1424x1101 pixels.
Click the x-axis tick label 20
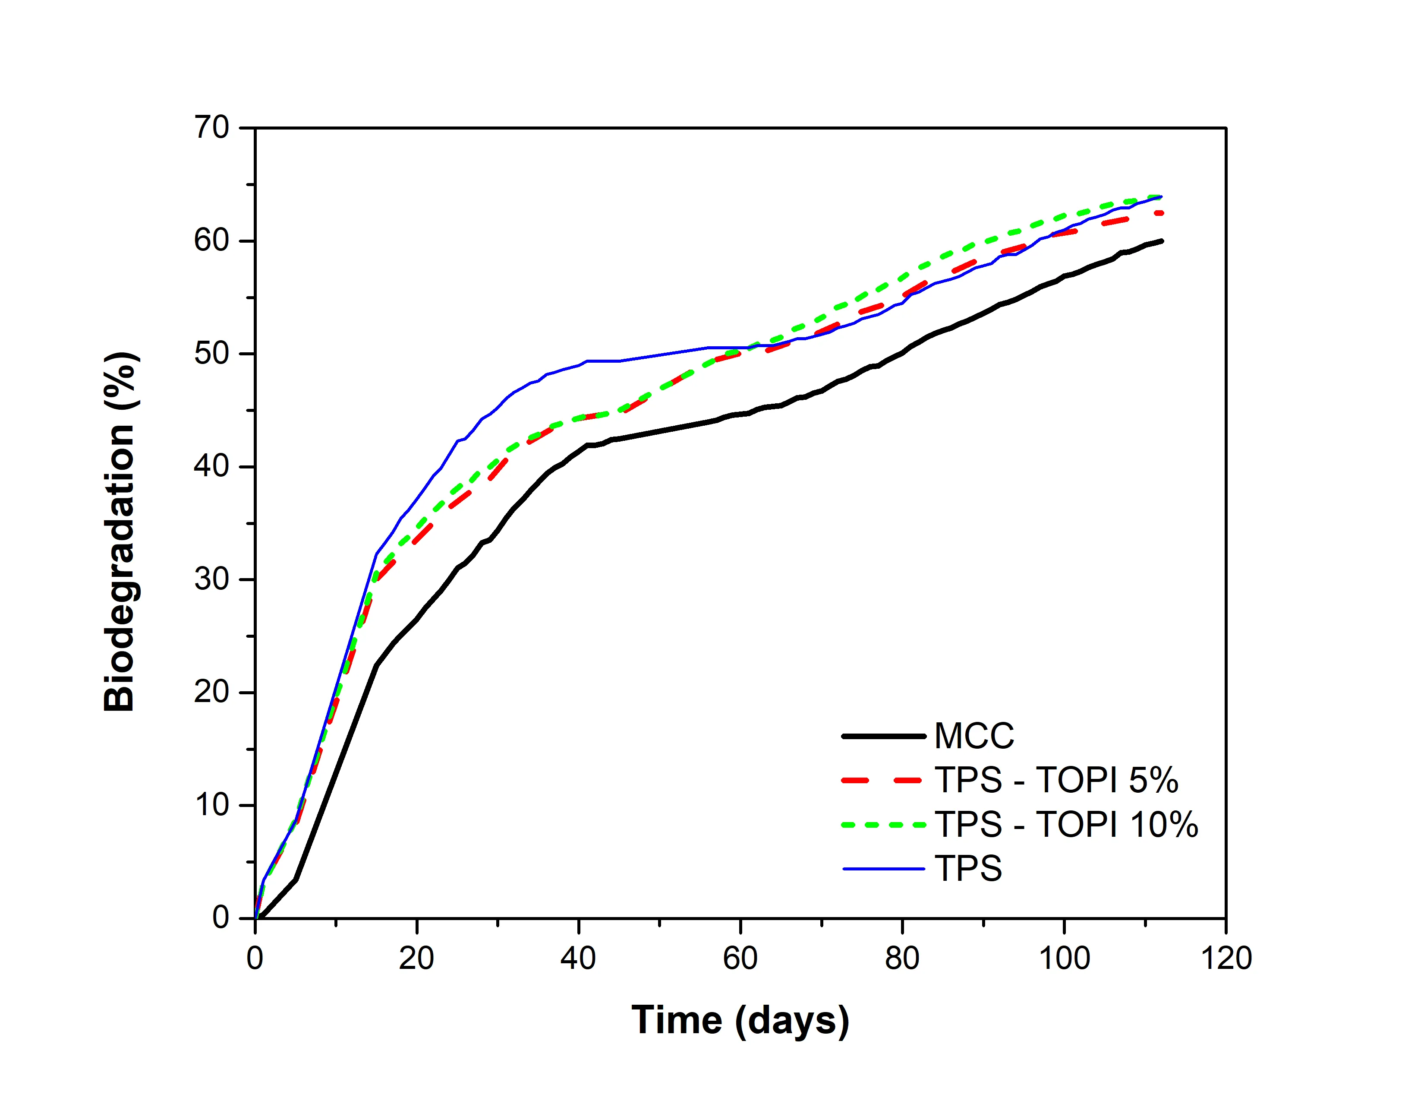pyautogui.click(x=417, y=958)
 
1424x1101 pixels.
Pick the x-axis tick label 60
pyautogui.click(x=740, y=958)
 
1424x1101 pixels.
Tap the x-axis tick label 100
pyautogui.click(x=1064, y=958)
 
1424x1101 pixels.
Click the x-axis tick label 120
pyautogui.click(x=1226, y=958)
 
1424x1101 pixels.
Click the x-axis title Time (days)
pyautogui.click(x=740, y=1020)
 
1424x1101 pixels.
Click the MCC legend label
pyautogui.click(x=974, y=737)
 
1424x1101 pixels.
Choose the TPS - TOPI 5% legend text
pyautogui.click(x=1056, y=780)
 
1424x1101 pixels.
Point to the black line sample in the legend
pyautogui.click(x=883, y=737)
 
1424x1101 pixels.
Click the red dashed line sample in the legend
pyautogui.click(x=883, y=780)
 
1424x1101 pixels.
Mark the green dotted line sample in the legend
pyautogui.click(x=883, y=825)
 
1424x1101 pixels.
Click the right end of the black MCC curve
pyautogui.click(x=1161, y=241)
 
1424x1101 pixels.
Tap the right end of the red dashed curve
pyautogui.click(x=1161, y=213)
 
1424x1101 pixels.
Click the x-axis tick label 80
pyautogui.click(x=902, y=958)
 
